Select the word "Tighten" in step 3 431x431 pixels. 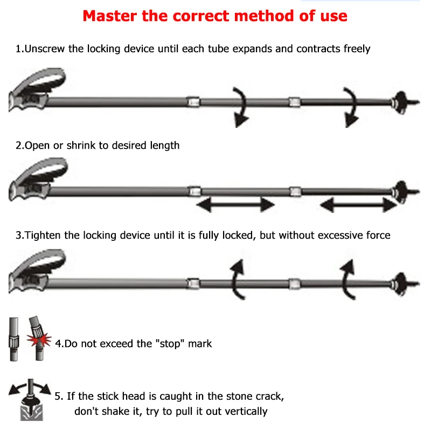[43, 235]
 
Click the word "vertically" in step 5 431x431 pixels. [240, 411]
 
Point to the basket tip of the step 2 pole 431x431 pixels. [400, 190]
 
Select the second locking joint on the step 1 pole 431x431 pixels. [294, 101]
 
